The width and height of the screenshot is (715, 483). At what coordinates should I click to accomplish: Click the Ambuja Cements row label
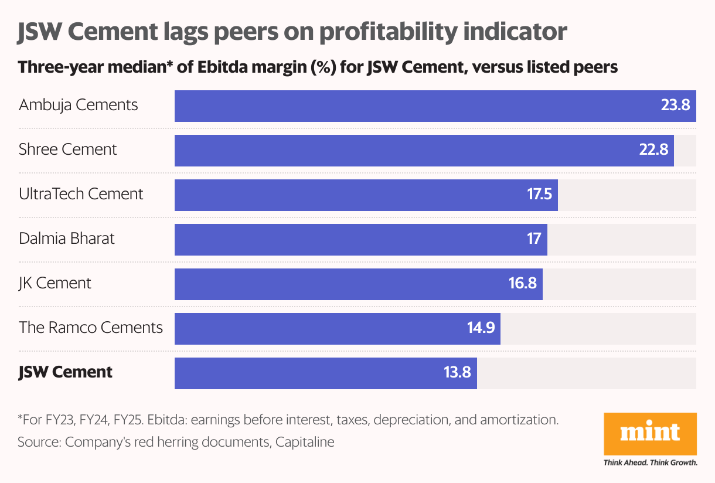click(79, 106)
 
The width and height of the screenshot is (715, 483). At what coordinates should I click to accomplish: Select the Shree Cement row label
click(68, 150)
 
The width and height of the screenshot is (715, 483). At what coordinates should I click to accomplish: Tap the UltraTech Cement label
click(81, 194)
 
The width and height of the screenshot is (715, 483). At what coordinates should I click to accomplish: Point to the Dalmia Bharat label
click(67, 239)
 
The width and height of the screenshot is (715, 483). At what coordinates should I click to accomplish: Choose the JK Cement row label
click(55, 283)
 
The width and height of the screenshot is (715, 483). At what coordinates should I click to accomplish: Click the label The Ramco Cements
click(91, 327)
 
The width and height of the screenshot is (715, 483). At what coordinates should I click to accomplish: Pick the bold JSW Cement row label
click(66, 372)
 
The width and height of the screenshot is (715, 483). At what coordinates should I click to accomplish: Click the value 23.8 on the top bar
click(676, 106)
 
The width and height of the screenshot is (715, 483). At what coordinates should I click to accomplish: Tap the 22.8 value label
click(653, 150)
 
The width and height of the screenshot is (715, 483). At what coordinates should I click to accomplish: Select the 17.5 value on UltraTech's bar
click(539, 194)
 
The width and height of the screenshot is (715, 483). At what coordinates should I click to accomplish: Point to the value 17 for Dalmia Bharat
click(534, 239)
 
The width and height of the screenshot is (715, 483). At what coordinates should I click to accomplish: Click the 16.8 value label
click(523, 283)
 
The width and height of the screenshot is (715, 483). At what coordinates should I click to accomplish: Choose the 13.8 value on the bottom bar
click(457, 372)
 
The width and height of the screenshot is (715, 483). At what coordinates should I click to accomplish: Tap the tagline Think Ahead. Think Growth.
click(650, 462)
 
